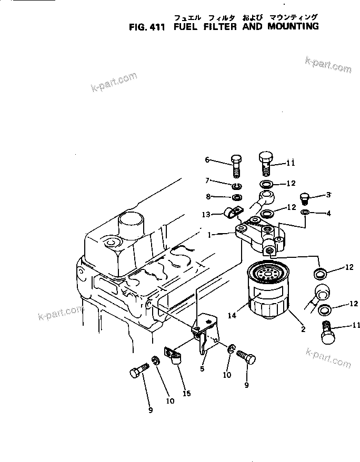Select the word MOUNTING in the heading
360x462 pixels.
click(x=292, y=26)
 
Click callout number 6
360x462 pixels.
click(x=207, y=159)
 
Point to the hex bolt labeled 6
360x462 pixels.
click(x=236, y=166)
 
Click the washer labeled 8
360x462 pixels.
click(x=237, y=197)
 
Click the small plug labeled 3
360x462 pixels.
click(x=304, y=199)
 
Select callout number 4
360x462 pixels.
click(x=328, y=213)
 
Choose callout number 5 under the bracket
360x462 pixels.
click(x=202, y=369)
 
